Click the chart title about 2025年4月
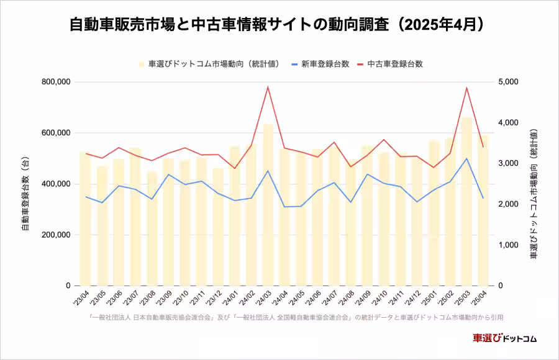click(279, 25)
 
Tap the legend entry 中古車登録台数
click(395, 64)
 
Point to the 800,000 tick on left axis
click(56, 82)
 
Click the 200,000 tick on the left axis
click(56, 235)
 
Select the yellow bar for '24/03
click(268, 205)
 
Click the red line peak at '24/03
click(268, 87)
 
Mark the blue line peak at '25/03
click(466, 158)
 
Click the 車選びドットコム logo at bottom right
click(504, 338)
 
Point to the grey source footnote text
click(296, 317)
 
